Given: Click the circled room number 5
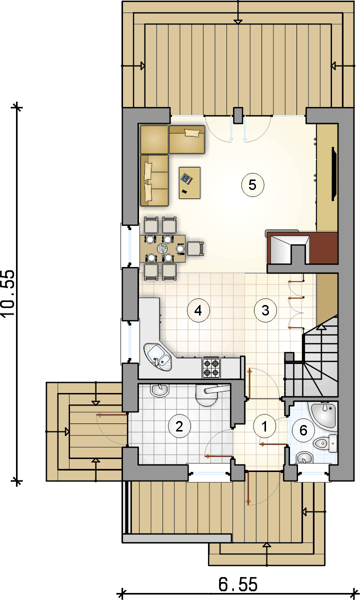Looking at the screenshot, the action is coord(252,185).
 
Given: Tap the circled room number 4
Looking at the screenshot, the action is coord(198,310).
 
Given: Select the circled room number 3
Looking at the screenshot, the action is coord(265,310).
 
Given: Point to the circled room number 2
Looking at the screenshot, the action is coord(179,426).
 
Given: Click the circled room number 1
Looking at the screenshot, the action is coord(264,426).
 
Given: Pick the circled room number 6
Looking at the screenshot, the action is coord(303,430).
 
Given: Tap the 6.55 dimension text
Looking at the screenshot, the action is coord(238,584).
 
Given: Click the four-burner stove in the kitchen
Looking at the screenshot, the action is coord(211,367).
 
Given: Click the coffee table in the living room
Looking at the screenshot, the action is coord(189,183).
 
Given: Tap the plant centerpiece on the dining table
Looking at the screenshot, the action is coord(162,248).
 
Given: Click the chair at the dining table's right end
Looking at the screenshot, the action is coord(195,248).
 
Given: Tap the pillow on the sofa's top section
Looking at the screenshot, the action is coord(192,133).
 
